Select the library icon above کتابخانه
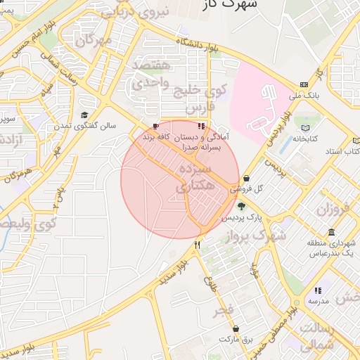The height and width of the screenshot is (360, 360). tap(305, 128)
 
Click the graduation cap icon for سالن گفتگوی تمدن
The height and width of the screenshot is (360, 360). tap(84, 115)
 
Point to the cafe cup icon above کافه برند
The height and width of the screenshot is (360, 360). tap(156, 127)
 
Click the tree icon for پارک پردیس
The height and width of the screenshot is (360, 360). tap(242, 206)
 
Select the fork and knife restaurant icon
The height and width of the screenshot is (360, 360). tap(198, 245)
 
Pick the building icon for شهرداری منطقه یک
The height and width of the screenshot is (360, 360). tap(331, 232)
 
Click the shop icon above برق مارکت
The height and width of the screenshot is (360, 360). tap(235, 328)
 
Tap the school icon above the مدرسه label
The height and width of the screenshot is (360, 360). tap(318, 290)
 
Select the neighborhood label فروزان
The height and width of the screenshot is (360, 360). tap(333, 209)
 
